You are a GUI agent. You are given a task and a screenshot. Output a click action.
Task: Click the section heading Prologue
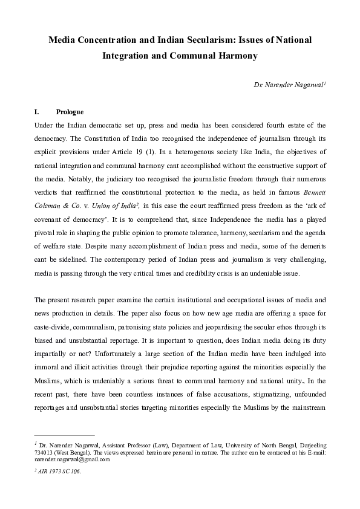click(70, 112)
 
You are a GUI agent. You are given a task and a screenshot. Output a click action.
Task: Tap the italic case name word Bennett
click(312, 180)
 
